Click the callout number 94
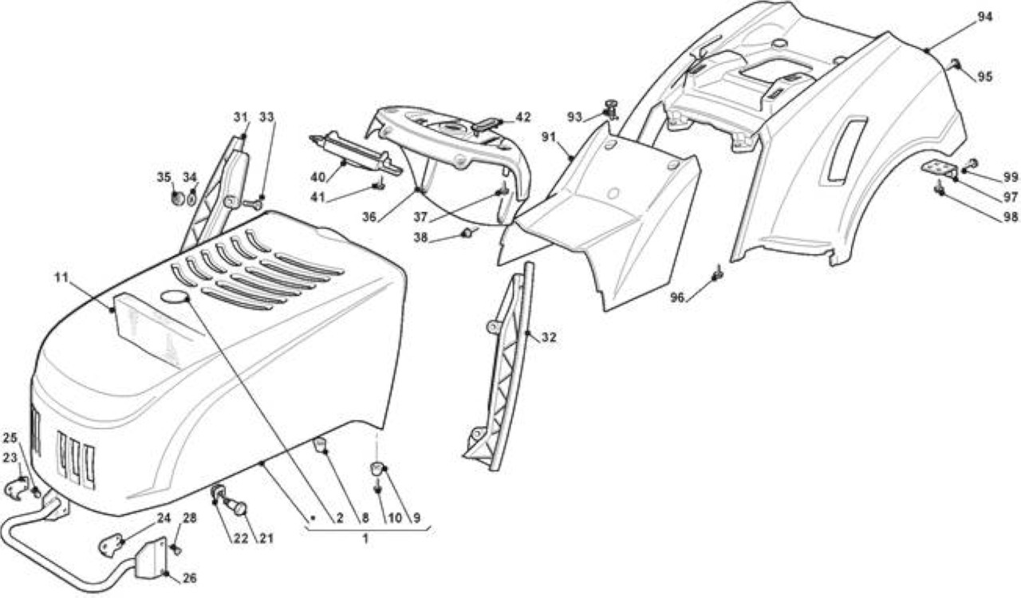click(984, 17)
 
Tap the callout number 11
click(61, 277)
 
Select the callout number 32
click(549, 337)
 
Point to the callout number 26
click(189, 578)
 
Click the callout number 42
click(522, 117)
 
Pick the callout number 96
click(677, 298)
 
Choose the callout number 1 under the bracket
click(365, 539)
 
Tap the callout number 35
click(164, 177)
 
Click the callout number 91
click(550, 136)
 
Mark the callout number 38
click(421, 238)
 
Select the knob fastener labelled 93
click(611, 110)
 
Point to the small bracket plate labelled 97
click(940, 169)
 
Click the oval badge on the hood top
click(175, 297)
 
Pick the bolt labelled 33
click(252, 205)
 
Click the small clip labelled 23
click(17, 488)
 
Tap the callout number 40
click(317, 176)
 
